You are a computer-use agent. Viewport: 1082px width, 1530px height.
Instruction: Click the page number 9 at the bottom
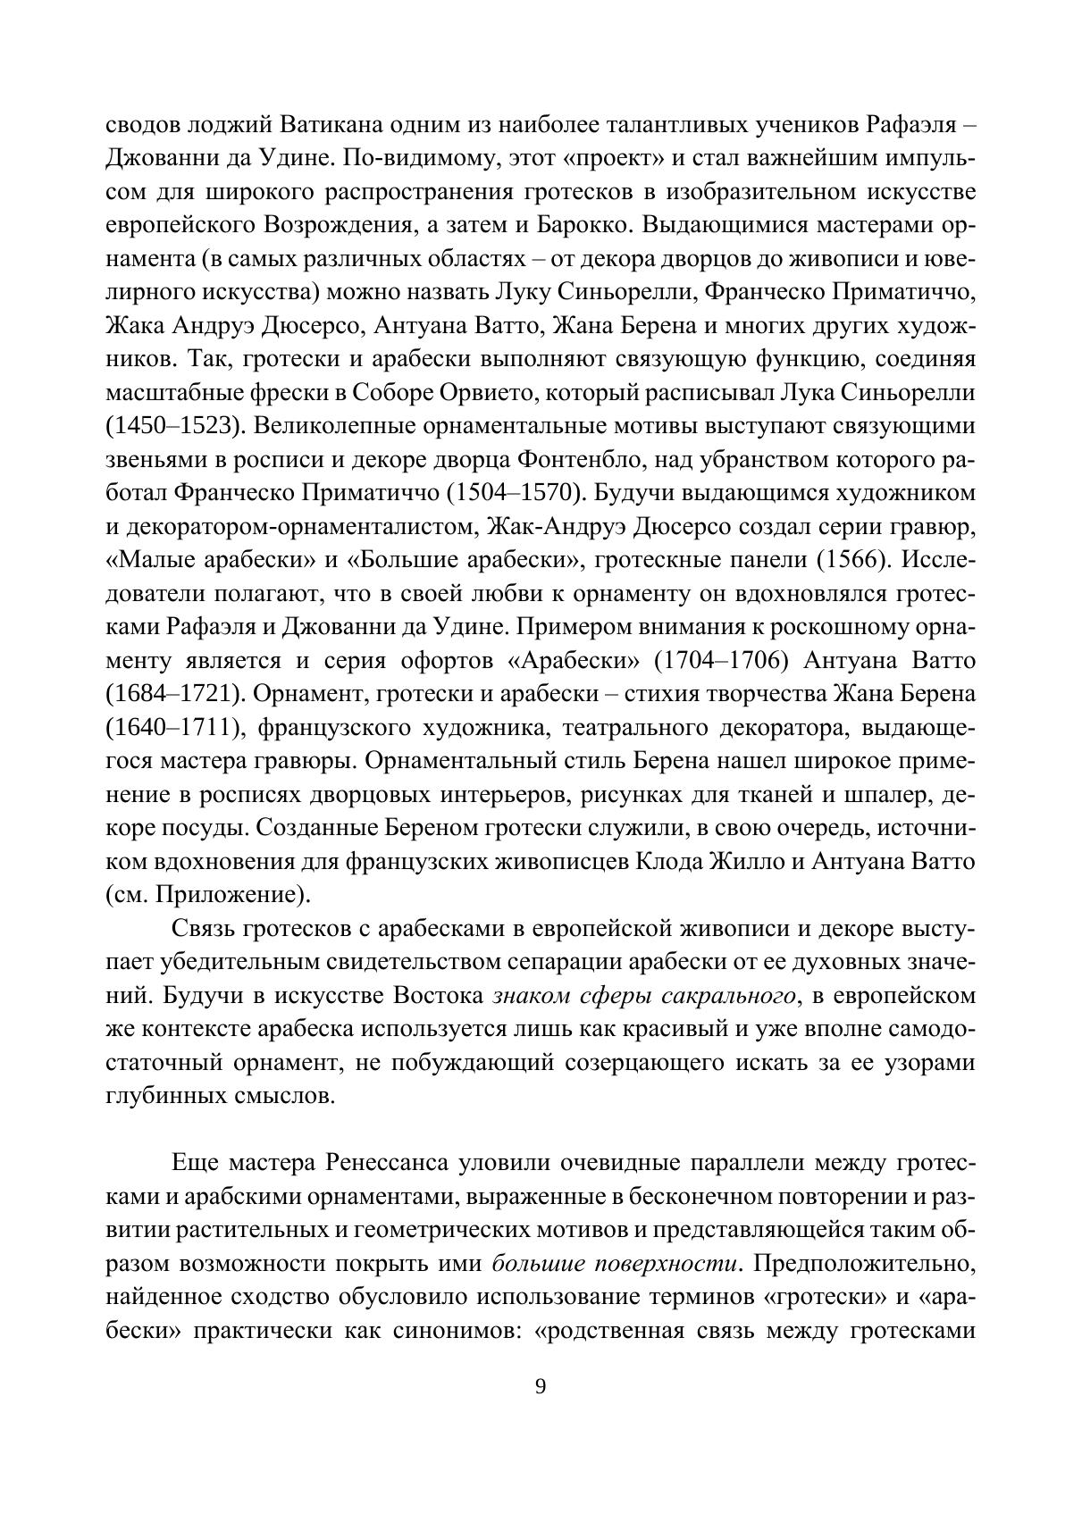(x=540, y=1386)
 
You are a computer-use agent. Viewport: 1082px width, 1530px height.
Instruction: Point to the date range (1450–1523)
(x=174, y=425)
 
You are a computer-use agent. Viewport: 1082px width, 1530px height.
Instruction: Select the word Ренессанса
(x=383, y=1163)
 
